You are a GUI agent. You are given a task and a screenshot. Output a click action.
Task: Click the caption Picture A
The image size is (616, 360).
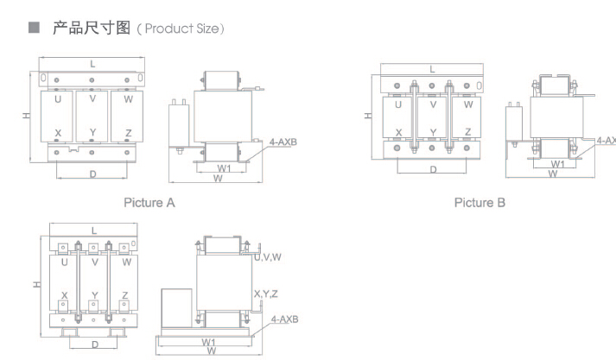tap(149, 203)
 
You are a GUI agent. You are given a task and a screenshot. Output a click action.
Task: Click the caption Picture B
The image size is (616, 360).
tap(479, 203)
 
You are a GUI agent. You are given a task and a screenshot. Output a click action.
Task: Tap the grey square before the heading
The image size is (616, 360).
tap(35, 28)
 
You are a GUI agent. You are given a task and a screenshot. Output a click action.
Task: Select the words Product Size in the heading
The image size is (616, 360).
tap(182, 28)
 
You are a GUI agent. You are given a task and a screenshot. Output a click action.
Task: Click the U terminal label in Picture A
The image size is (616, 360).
tap(58, 99)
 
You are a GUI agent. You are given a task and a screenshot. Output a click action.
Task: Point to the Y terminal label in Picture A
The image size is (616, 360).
tap(92, 132)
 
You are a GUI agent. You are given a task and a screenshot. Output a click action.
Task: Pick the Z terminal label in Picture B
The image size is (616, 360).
tap(467, 132)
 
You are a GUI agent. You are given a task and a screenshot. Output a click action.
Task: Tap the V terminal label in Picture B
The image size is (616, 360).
tap(433, 104)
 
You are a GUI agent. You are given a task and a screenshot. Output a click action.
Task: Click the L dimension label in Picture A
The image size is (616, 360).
tap(92, 64)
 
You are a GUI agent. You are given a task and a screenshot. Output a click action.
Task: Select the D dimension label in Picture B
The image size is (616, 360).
tap(433, 169)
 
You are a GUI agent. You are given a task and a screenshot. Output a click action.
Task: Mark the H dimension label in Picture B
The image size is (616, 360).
tap(368, 116)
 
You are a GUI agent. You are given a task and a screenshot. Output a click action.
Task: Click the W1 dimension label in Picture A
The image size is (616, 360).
tap(224, 168)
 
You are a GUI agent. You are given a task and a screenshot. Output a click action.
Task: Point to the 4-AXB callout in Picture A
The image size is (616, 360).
tap(283, 142)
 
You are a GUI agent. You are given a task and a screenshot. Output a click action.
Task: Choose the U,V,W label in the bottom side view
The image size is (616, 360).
tap(268, 257)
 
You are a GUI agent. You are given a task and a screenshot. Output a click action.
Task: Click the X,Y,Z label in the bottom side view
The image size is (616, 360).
tap(266, 294)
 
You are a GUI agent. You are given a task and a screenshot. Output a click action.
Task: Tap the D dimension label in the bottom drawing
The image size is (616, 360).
tap(95, 344)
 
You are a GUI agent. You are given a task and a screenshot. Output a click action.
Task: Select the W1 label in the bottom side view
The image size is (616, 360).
tap(208, 342)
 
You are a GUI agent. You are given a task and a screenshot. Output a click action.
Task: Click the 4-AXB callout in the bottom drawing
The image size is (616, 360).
tap(285, 319)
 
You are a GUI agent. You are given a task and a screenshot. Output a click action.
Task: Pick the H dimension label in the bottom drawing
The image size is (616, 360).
tap(36, 284)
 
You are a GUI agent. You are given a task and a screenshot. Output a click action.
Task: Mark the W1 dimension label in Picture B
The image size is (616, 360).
tap(557, 164)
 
